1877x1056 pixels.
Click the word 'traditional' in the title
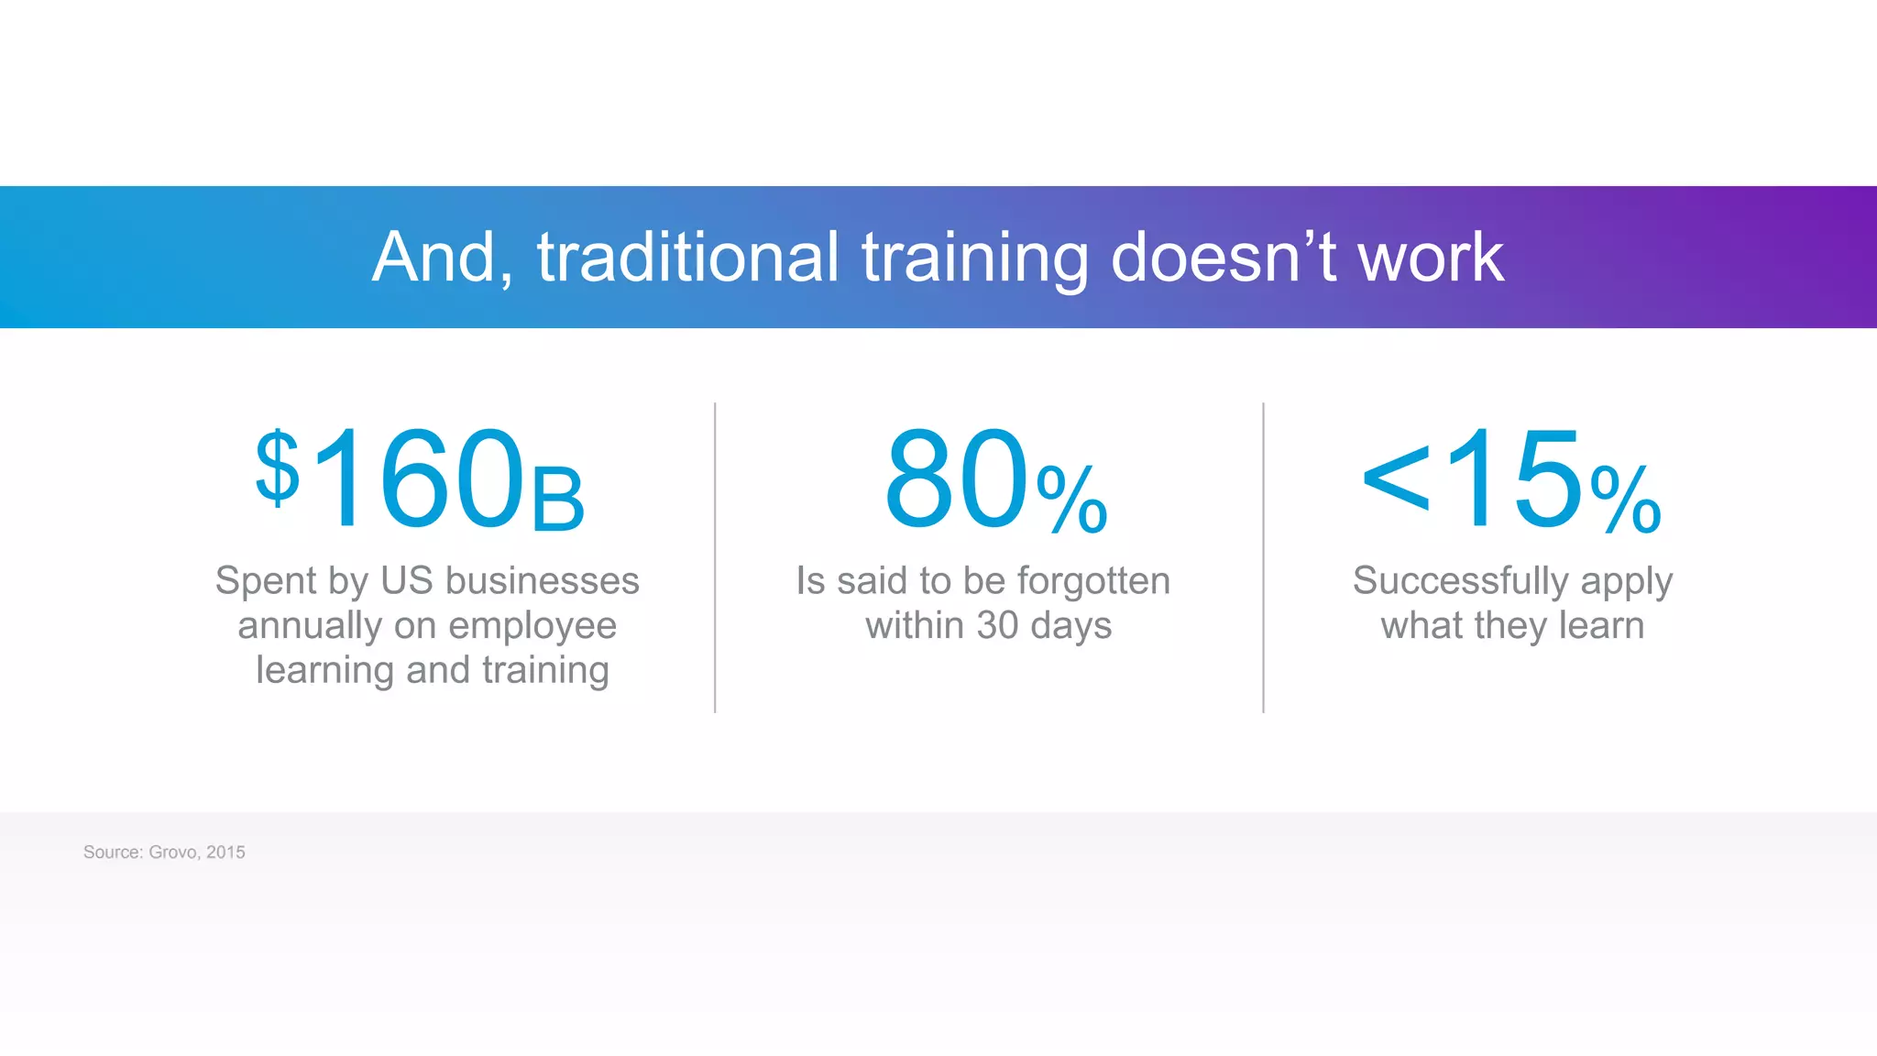(x=687, y=258)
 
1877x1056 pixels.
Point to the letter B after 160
(x=557, y=500)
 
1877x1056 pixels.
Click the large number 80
(x=958, y=480)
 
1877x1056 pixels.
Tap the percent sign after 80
(x=1072, y=500)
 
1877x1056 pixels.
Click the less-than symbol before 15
(x=1395, y=478)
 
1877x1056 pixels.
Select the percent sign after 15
(x=1626, y=500)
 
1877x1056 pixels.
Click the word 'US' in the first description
(x=406, y=581)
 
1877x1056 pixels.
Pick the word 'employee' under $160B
(x=532, y=627)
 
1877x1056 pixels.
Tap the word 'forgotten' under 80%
(x=1092, y=581)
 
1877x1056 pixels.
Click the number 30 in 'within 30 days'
(x=997, y=626)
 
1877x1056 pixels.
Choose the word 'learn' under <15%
(x=1601, y=626)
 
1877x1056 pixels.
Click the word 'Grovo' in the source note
(x=173, y=852)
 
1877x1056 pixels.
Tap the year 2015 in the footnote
(x=225, y=852)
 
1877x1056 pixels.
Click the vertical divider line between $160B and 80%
(x=715, y=557)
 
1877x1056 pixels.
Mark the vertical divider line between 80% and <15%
(x=1263, y=557)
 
